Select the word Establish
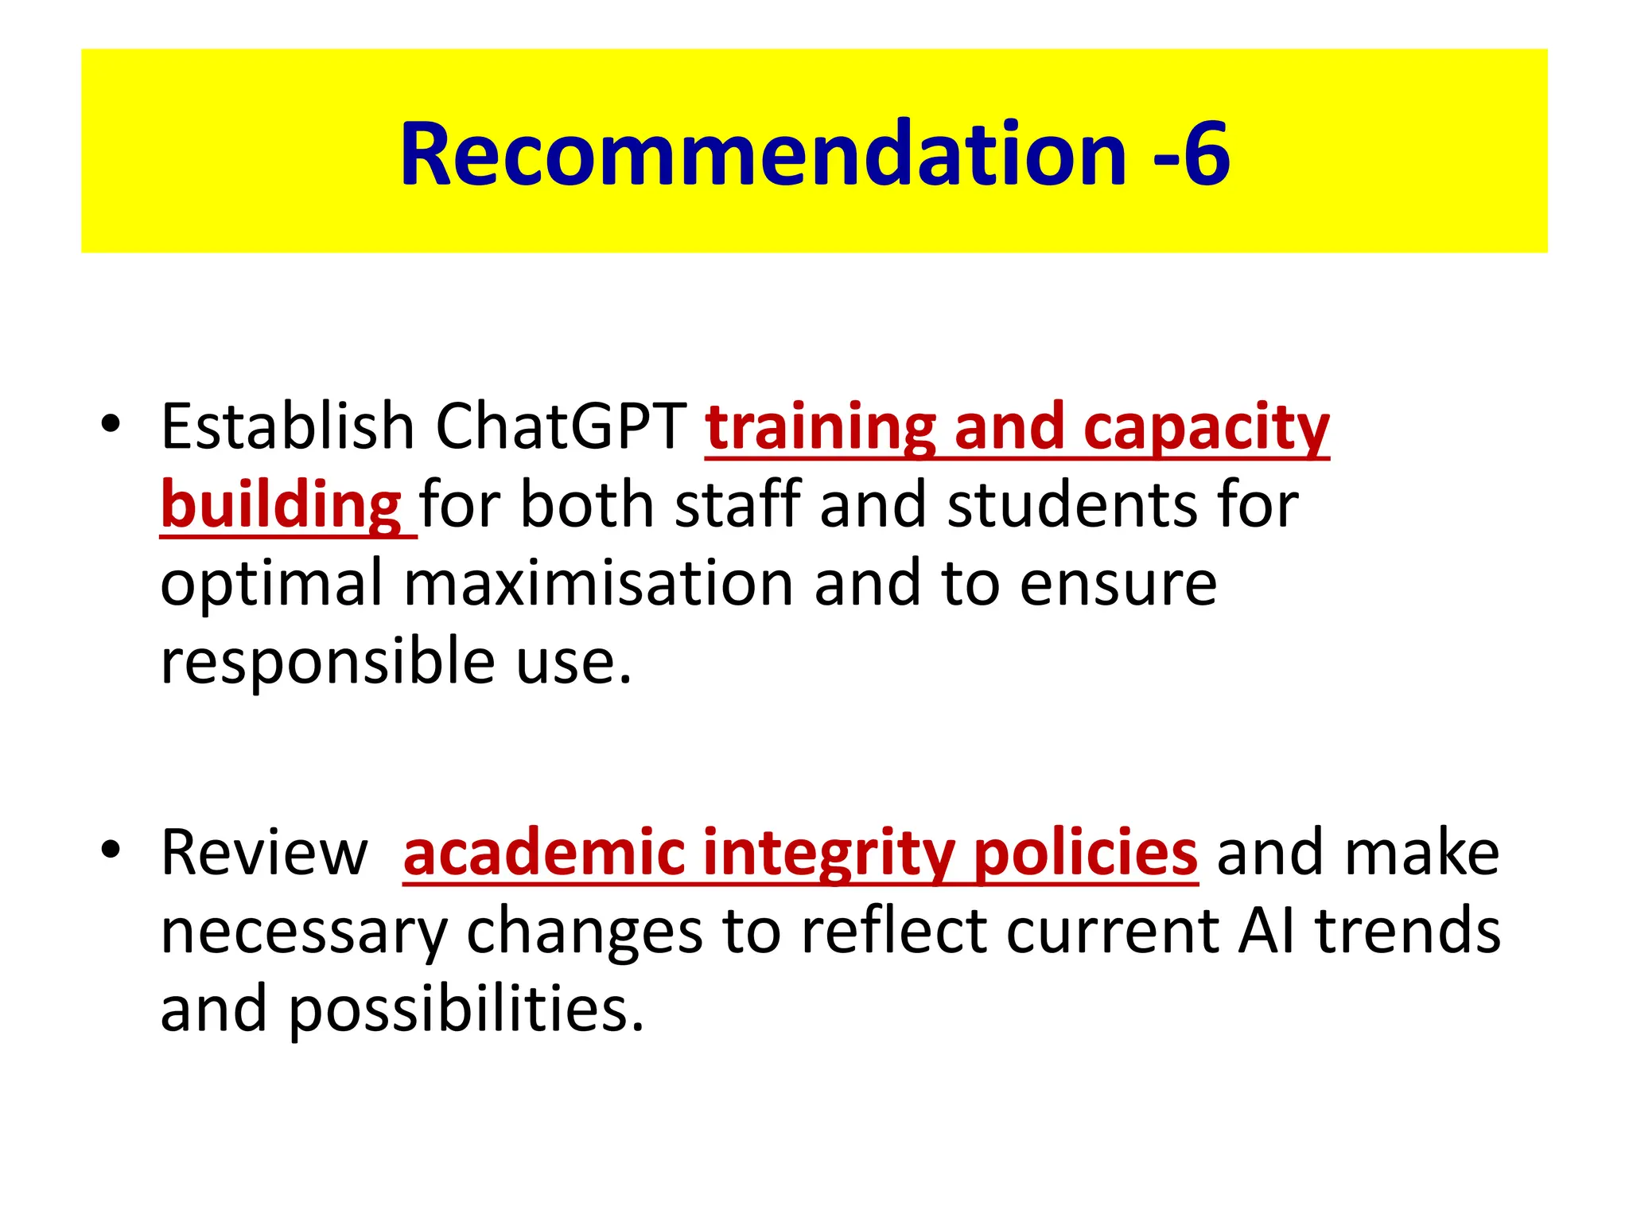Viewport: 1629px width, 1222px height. point(287,426)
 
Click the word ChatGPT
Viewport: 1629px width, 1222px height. point(561,426)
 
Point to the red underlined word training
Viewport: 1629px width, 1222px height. point(819,428)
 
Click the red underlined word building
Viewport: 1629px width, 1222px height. point(281,506)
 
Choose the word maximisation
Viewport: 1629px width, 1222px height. point(598,583)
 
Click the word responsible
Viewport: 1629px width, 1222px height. point(328,661)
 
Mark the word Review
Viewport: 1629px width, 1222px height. point(264,853)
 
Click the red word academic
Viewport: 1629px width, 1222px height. point(544,853)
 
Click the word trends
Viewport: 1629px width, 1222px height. point(1408,931)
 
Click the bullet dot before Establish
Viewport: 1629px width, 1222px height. point(111,424)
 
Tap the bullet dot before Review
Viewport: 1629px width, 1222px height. point(111,850)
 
